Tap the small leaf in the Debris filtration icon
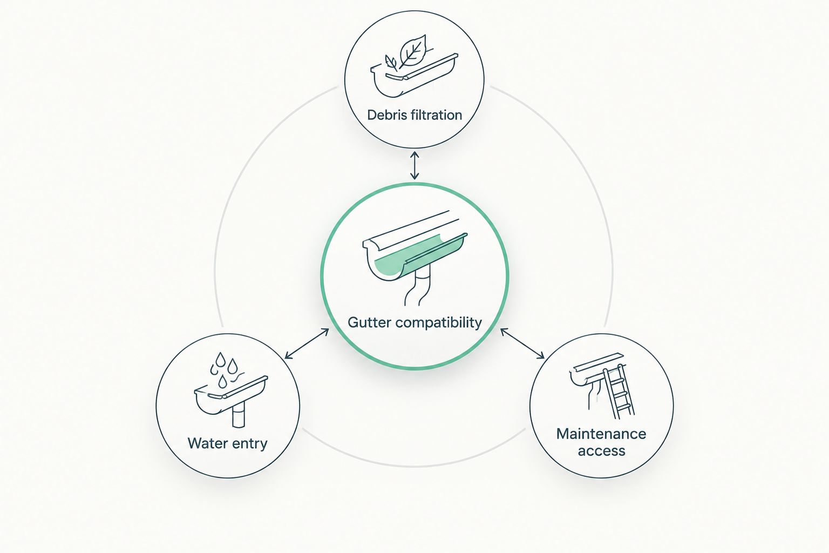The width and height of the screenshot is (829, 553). (391, 63)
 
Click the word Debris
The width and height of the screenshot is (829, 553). (386, 115)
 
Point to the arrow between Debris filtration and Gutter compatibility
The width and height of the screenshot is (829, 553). (414, 165)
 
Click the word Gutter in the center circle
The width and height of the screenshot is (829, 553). (369, 322)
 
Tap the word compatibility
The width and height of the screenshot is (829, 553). (439, 323)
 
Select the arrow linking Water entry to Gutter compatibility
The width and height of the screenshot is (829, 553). (307, 343)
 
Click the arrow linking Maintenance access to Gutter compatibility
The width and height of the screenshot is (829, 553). (522, 343)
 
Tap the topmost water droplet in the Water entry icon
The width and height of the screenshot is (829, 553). (221, 360)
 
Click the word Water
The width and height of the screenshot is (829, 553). (208, 443)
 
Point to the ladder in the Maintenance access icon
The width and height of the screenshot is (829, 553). (619, 393)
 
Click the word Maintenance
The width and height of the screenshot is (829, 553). (601, 434)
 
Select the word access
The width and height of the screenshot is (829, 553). (601, 451)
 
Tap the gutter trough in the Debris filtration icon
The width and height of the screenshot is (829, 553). (414, 77)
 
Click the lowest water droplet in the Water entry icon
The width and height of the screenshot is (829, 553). (222, 381)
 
